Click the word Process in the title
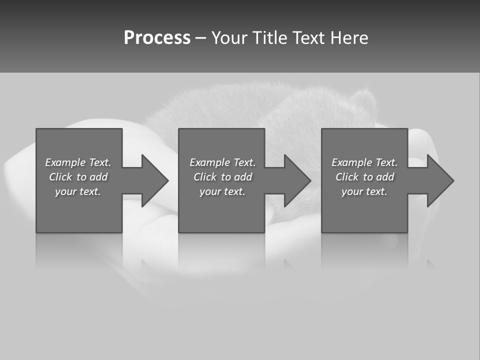157,38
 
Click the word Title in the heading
269,38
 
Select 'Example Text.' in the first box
78,162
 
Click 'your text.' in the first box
78,191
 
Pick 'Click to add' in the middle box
222,177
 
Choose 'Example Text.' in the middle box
222,162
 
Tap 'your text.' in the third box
364,191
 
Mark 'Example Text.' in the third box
364,162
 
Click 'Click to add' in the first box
78,177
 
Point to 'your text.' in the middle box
222,191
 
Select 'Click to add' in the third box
364,177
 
